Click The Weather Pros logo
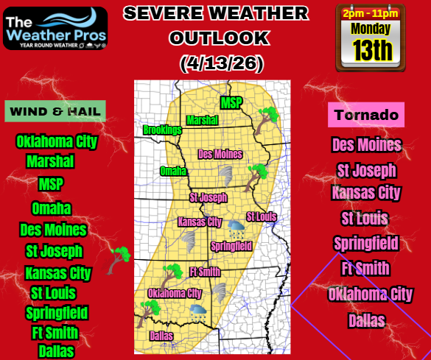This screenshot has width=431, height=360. (x=55, y=27)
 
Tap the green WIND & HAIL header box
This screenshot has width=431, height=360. (x=56, y=111)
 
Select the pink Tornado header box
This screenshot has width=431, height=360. (x=366, y=115)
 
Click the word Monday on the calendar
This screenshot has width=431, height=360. (x=371, y=29)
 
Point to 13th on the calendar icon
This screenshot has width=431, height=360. (x=371, y=50)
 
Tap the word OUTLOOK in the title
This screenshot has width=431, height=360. (x=216, y=38)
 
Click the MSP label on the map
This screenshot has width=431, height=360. (x=231, y=102)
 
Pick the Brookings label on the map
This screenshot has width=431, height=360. (x=162, y=130)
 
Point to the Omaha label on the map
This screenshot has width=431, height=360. (x=173, y=171)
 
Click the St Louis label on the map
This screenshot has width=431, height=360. (x=261, y=216)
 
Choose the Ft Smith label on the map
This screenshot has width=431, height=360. (x=205, y=272)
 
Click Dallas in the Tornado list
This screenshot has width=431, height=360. (x=366, y=320)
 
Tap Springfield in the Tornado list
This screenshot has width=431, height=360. (x=366, y=243)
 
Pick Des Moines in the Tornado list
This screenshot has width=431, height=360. (x=366, y=144)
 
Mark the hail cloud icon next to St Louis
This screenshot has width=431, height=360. (x=236, y=227)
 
